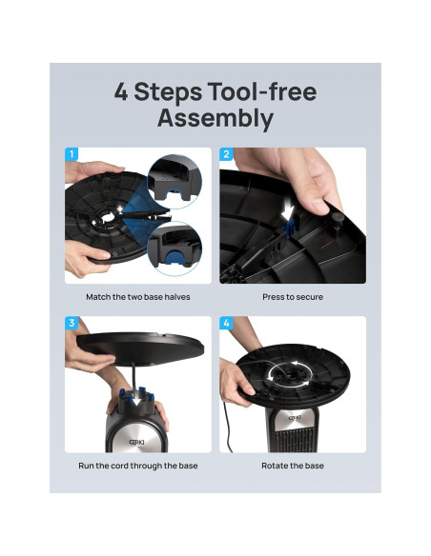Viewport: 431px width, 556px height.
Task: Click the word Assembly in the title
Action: point(215,118)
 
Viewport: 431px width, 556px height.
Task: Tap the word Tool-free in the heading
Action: point(262,91)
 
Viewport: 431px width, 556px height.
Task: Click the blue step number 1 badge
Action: point(72,154)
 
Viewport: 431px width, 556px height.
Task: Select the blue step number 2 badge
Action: point(227,154)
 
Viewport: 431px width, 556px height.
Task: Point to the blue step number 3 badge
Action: point(72,323)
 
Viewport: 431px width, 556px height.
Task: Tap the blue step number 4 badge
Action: point(227,323)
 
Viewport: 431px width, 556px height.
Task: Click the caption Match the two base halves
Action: point(138,297)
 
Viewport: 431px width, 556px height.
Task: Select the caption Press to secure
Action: point(293,297)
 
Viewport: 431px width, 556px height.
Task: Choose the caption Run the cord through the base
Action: point(138,466)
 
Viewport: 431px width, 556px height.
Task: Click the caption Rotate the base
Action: point(293,466)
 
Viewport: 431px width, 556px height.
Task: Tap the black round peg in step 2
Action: point(337,222)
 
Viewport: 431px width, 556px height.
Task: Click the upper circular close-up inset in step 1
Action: point(174,181)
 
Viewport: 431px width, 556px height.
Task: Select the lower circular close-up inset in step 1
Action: point(174,248)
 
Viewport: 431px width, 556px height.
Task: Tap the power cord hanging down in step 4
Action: point(226,427)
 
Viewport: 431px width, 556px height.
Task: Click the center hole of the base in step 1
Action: point(106,217)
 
